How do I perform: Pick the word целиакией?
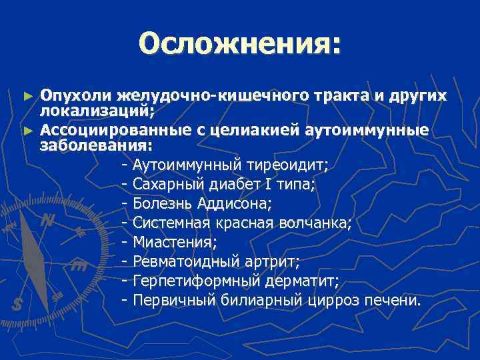[x=257, y=129]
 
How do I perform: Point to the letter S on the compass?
[x=18, y=304]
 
